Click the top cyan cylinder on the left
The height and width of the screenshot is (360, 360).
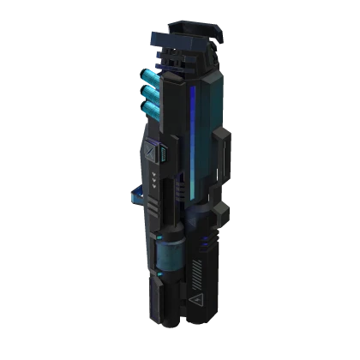coord(153,79)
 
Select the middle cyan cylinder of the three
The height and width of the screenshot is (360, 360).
coord(153,93)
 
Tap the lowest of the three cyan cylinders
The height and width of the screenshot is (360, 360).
coord(153,108)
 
